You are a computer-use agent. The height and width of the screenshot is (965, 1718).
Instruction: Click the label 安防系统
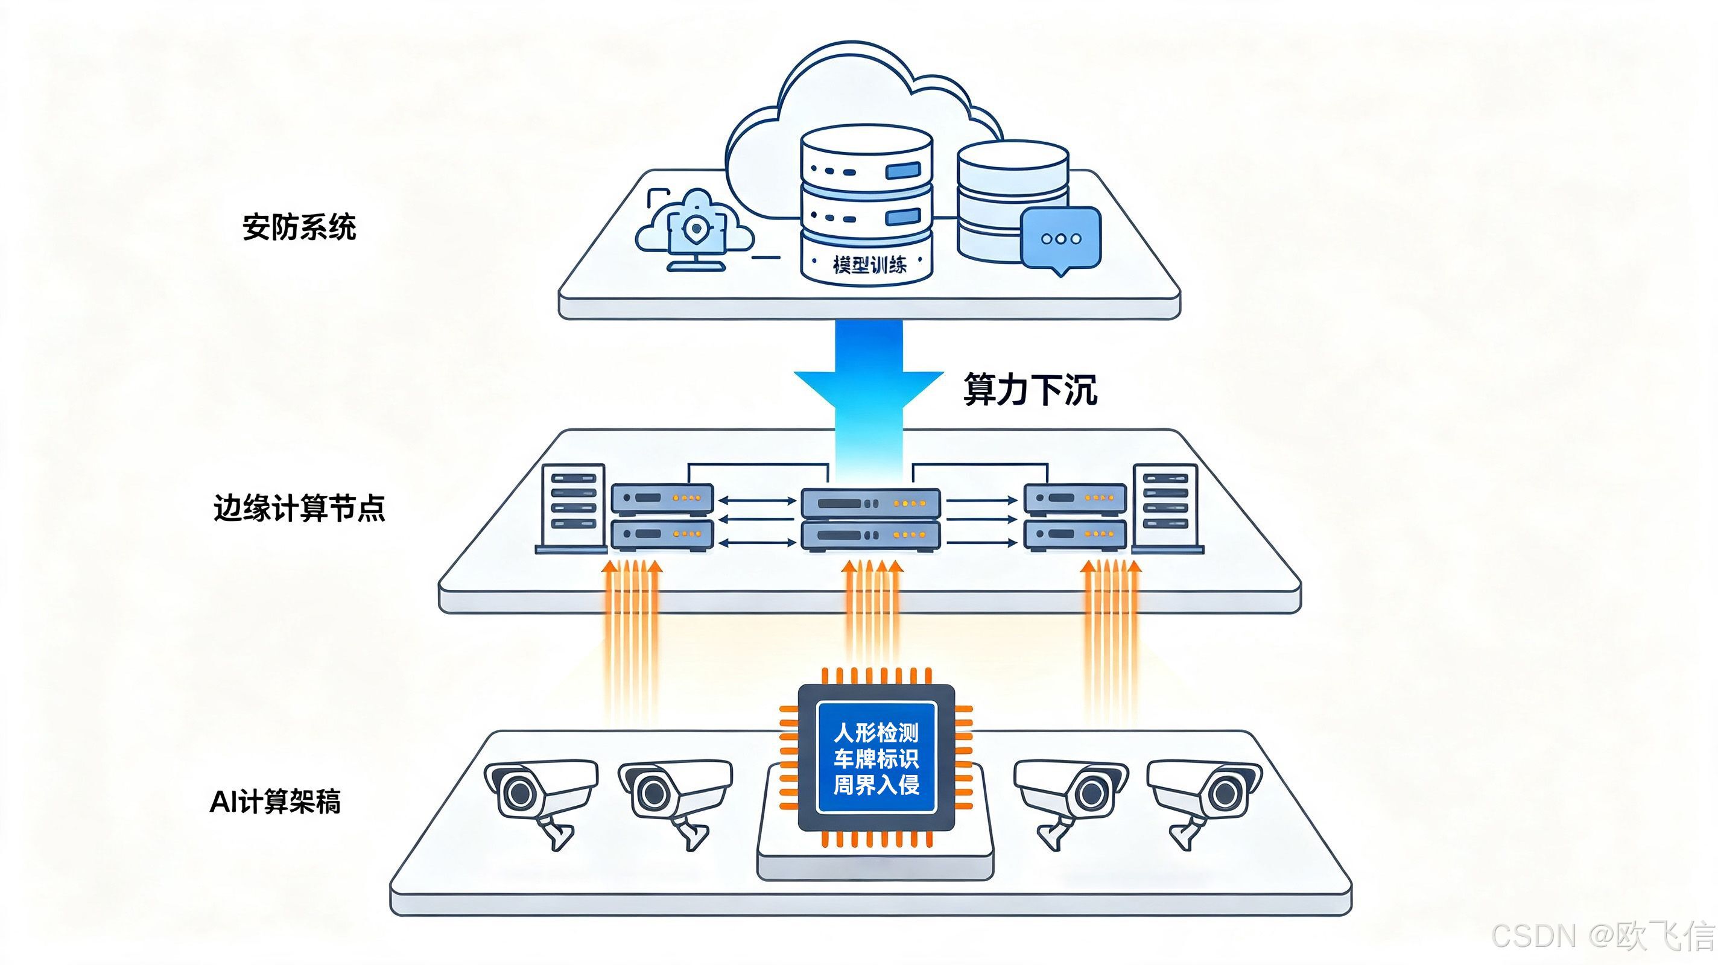299,227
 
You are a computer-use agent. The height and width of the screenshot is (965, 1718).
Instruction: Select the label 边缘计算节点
299,508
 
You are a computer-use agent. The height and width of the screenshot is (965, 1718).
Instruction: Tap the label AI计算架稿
275,801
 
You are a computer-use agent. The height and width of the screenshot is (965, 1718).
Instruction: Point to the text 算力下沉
1030,390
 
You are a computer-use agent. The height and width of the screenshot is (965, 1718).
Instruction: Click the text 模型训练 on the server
869,265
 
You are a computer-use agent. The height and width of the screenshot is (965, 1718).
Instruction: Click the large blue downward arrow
868,400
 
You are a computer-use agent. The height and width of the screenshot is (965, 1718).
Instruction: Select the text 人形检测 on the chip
876,733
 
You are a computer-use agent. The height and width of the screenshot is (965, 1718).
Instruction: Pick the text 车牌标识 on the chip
876,758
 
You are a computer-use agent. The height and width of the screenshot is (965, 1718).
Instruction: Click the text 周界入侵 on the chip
876,784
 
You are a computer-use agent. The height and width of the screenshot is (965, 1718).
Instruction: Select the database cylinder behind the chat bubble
1012,200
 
